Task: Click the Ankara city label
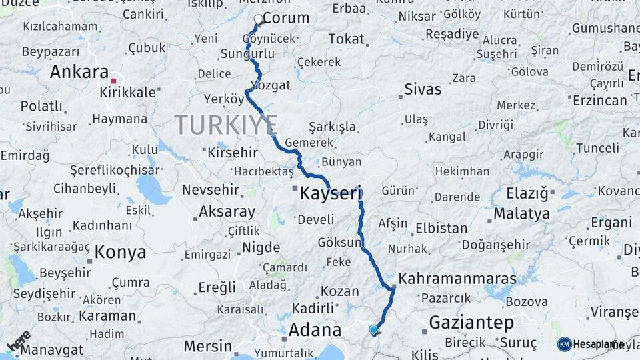point(79,72)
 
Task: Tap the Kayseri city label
point(330,195)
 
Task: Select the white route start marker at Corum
point(259,19)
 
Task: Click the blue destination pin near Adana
point(373,329)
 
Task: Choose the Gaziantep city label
point(471,323)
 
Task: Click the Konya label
point(120,253)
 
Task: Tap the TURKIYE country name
point(226,125)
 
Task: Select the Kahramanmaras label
point(457,278)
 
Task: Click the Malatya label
point(522,214)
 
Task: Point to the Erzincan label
point(600,100)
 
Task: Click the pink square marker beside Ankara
point(113,81)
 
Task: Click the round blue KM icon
point(564,344)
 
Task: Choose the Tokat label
point(346,39)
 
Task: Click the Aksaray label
point(227,213)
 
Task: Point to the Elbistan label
point(441,228)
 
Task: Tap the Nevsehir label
point(211,189)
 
